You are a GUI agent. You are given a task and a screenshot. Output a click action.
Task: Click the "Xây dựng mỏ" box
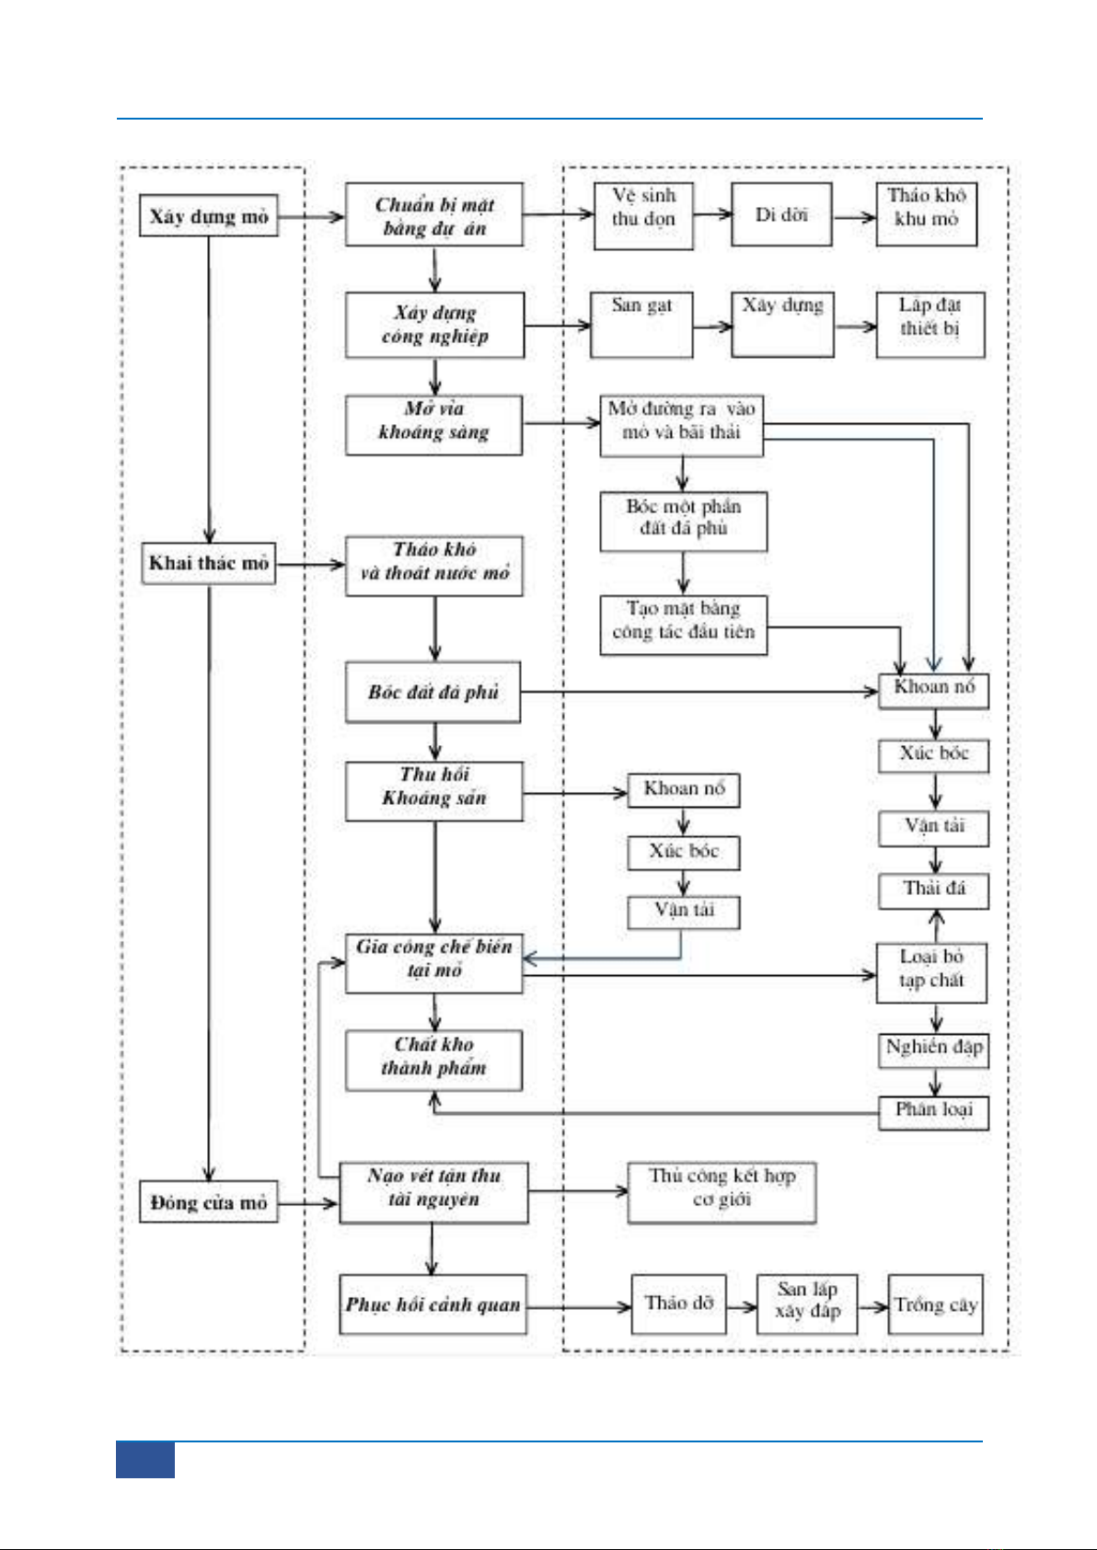click(x=209, y=216)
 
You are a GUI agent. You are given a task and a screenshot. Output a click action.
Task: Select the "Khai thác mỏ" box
click(x=209, y=563)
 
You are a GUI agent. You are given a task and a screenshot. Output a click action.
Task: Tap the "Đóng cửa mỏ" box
click(x=209, y=1202)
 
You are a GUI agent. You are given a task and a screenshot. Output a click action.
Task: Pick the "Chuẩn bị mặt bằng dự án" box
click(x=434, y=215)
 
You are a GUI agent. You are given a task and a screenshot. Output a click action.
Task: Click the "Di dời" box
click(x=781, y=214)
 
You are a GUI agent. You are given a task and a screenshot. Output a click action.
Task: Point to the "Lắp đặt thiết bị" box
click(x=930, y=325)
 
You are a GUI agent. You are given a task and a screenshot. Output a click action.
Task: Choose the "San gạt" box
click(x=641, y=325)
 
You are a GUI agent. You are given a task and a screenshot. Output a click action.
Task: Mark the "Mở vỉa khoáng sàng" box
click(x=433, y=425)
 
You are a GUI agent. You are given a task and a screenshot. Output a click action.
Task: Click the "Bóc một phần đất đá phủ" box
click(x=683, y=522)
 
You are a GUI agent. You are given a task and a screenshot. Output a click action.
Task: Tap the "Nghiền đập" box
click(x=933, y=1049)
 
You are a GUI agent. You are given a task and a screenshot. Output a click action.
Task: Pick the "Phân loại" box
click(x=933, y=1111)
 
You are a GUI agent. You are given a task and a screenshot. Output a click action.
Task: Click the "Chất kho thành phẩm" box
click(x=433, y=1060)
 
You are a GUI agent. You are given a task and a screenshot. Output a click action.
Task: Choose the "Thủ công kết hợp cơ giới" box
click(x=722, y=1192)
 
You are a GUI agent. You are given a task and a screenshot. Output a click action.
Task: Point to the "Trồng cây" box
click(x=935, y=1304)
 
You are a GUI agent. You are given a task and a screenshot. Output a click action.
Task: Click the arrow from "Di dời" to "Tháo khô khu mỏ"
click(x=854, y=218)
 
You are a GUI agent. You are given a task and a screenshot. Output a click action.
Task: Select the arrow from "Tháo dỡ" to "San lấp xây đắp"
click(x=741, y=1306)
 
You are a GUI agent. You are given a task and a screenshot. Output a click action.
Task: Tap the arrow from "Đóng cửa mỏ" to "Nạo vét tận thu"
click(x=307, y=1203)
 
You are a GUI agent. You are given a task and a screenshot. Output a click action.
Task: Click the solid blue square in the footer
click(x=145, y=1460)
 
